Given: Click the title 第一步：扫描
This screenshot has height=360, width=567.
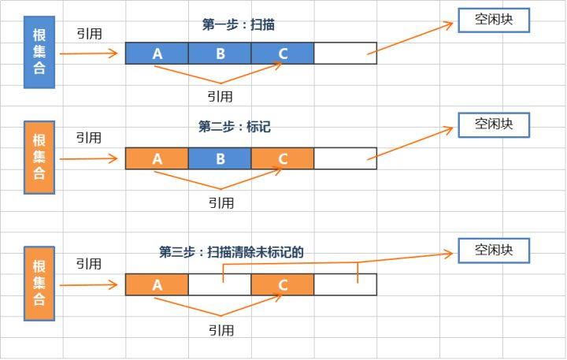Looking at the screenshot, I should click(238, 24).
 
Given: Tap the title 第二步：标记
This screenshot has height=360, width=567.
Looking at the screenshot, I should click(234, 126).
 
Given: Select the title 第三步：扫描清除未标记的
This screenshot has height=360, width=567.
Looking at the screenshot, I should click(231, 252).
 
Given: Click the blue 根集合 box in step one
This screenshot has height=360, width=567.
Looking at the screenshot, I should click(39, 52).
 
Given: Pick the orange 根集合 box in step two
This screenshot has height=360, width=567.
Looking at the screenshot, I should click(39, 158).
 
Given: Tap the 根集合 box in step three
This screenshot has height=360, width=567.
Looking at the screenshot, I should click(39, 284).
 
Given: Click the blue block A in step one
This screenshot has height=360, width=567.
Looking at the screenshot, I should click(157, 54).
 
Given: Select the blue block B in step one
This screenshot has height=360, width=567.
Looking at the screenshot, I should click(220, 54).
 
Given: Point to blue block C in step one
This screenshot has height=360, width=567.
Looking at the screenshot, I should click(283, 54).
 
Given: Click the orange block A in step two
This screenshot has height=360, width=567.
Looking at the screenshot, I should click(157, 158).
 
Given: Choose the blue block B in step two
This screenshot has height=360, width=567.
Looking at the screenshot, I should click(220, 158).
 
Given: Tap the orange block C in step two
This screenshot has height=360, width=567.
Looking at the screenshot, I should click(283, 158).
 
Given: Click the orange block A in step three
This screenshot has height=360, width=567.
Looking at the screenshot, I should click(157, 284).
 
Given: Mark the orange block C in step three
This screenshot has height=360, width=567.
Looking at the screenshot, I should click(283, 284).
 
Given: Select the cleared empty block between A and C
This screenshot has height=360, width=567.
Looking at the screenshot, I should click(220, 284).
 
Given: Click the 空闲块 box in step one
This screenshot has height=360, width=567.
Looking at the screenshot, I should click(494, 20).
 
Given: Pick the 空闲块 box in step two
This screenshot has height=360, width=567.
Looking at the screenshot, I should click(494, 124).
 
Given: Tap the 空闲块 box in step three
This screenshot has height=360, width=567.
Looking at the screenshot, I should click(494, 251).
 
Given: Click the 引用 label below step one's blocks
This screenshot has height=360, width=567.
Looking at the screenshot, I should click(220, 96).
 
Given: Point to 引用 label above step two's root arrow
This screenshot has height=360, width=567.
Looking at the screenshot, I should click(89, 137).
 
